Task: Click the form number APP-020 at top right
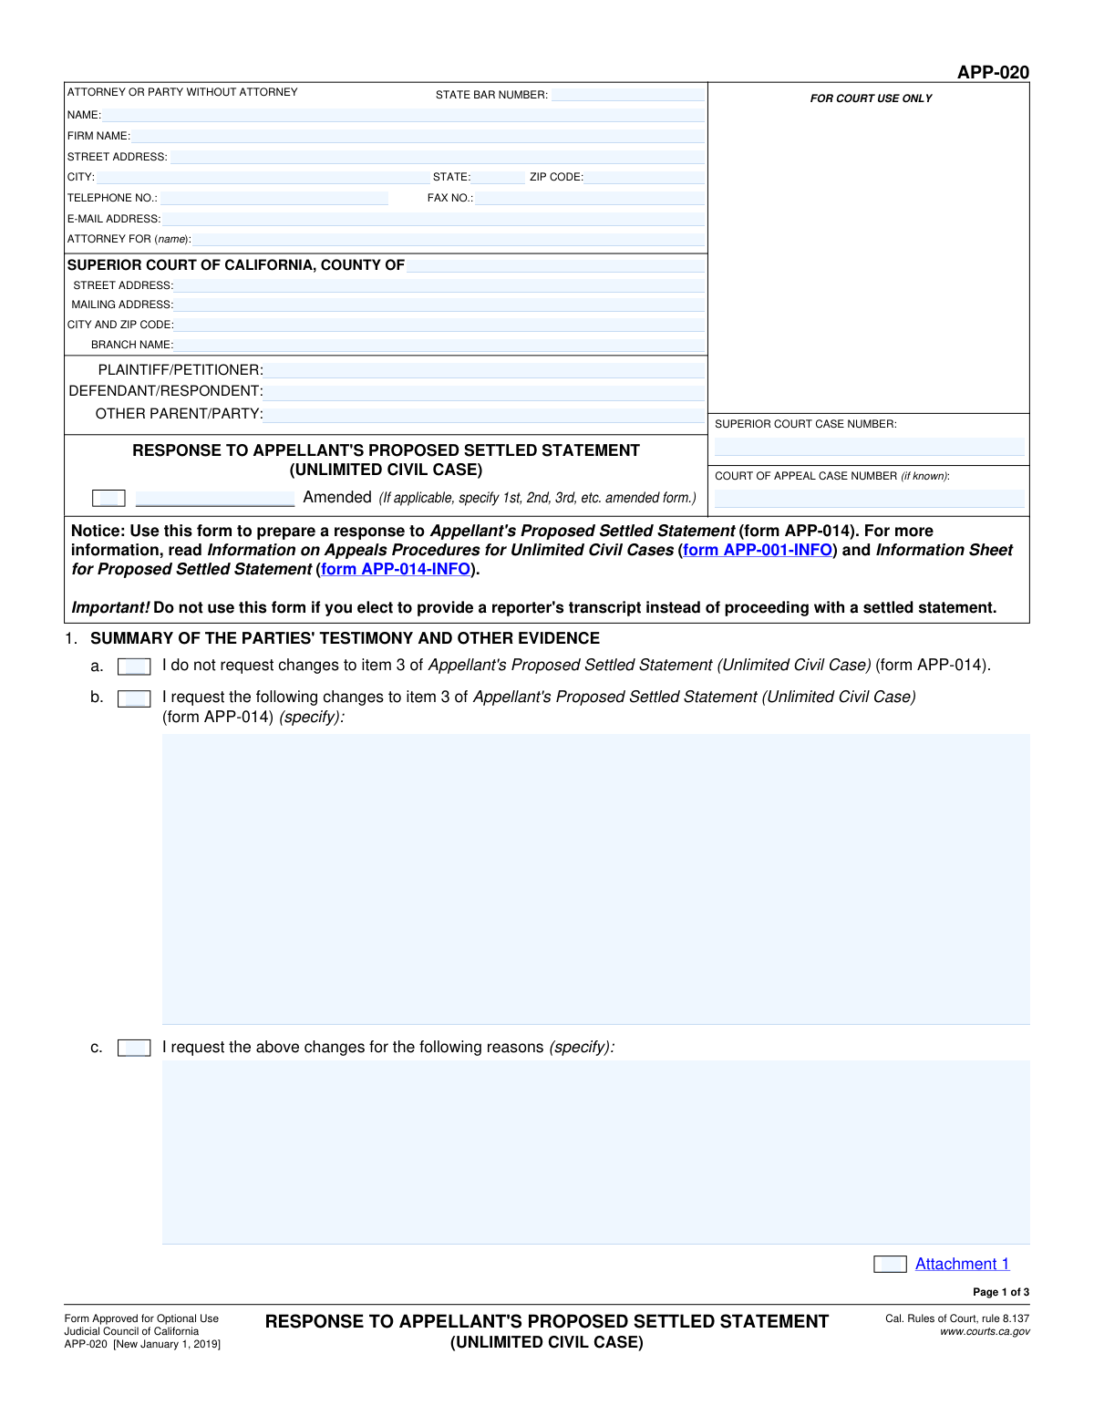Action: (x=993, y=72)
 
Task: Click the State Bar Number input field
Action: (x=627, y=95)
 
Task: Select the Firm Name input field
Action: (x=418, y=136)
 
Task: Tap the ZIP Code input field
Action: (x=644, y=177)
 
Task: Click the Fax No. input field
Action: (x=589, y=198)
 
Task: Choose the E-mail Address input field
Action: (x=433, y=219)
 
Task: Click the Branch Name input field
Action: (x=439, y=345)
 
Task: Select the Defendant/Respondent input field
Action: (x=483, y=392)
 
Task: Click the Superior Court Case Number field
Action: (x=869, y=447)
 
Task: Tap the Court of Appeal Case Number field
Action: (x=869, y=499)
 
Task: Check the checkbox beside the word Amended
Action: (x=108, y=498)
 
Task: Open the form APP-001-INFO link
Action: (x=758, y=550)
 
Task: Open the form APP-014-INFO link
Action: (x=396, y=569)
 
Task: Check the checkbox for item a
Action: (x=134, y=667)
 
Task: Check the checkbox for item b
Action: (x=134, y=698)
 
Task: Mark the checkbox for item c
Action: (x=134, y=1048)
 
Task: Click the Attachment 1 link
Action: (x=962, y=1264)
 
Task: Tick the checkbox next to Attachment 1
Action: (x=890, y=1264)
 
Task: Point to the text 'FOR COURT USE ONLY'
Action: (x=871, y=98)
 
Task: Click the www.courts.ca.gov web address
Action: (x=985, y=1332)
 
